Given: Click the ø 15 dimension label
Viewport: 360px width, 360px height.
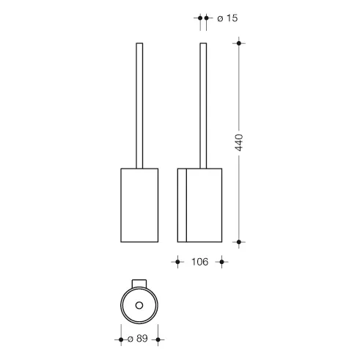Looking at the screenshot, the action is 227,18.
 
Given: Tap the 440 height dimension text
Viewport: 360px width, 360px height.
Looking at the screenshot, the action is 239,143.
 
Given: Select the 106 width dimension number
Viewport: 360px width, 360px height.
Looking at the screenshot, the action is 199,262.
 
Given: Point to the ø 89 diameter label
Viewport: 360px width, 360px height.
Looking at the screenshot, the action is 138,339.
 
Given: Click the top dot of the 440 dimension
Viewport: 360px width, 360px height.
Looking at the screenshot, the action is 239,43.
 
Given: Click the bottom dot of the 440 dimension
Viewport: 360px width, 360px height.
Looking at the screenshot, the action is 239,242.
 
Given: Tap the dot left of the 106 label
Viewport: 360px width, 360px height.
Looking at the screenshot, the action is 177,262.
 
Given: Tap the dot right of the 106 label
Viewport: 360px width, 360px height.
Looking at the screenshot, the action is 221,262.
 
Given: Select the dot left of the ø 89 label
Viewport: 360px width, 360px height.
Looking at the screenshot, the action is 121,339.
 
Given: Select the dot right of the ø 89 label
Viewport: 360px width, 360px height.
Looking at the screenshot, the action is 158,339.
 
